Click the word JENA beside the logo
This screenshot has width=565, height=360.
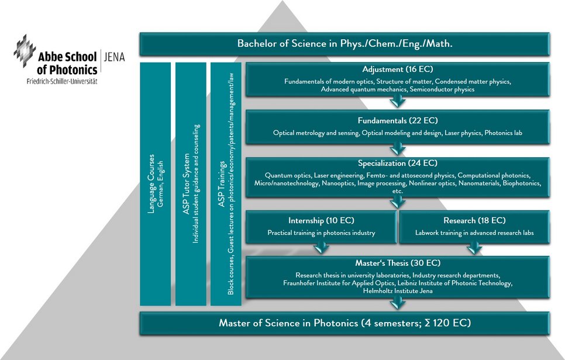[x=113, y=57]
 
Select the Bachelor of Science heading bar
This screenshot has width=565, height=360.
[x=344, y=44]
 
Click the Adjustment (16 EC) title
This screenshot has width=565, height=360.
[x=398, y=70]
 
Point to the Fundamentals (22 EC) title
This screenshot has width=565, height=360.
[x=398, y=121]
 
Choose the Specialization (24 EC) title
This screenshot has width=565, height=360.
[x=398, y=163]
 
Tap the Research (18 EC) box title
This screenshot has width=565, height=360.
[x=474, y=220]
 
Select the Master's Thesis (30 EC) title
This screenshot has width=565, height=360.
[x=398, y=263]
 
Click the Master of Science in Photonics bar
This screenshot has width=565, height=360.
[x=344, y=323]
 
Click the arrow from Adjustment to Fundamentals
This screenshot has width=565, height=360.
[x=398, y=102]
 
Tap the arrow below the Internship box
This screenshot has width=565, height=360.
[x=321, y=248]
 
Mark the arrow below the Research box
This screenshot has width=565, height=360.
[x=474, y=248]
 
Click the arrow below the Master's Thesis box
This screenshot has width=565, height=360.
[x=398, y=302]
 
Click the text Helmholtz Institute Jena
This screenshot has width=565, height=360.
[x=398, y=290]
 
